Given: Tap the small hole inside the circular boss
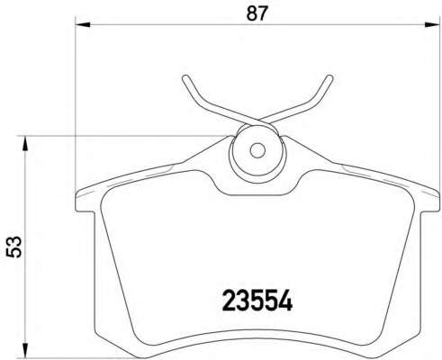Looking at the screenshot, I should click(x=255, y=150).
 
